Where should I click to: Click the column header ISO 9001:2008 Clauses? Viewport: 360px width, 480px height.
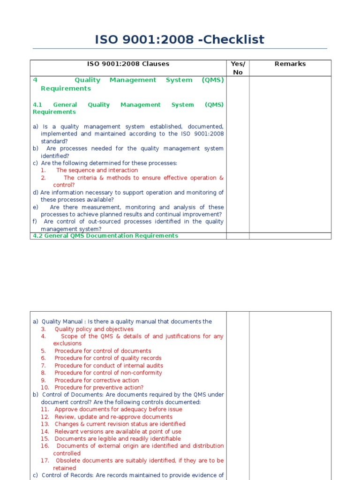(x=128, y=64)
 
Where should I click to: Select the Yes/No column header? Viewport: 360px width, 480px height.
(x=238, y=68)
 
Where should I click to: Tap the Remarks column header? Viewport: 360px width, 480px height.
(x=290, y=64)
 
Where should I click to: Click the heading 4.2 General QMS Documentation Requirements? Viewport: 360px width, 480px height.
(x=105, y=236)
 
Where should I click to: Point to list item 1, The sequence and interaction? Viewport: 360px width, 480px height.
(x=97, y=171)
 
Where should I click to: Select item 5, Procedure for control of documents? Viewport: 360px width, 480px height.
(x=102, y=351)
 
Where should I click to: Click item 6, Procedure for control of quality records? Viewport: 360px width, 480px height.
(x=107, y=358)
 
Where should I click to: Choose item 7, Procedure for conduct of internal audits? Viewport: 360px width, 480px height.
(x=108, y=366)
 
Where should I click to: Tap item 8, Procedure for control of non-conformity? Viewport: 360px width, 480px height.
(x=108, y=373)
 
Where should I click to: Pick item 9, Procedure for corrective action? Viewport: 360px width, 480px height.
(x=96, y=381)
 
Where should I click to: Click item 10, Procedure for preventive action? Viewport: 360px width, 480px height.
(x=98, y=388)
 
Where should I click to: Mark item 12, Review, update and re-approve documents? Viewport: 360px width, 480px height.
(x=113, y=417)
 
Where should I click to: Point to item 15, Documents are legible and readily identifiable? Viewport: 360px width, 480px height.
(x=117, y=439)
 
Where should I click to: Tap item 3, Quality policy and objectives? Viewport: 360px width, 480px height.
(x=94, y=329)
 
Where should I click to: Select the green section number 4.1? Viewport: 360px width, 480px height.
(x=37, y=105)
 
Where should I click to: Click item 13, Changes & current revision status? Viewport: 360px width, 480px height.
(x=120, y=424)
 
